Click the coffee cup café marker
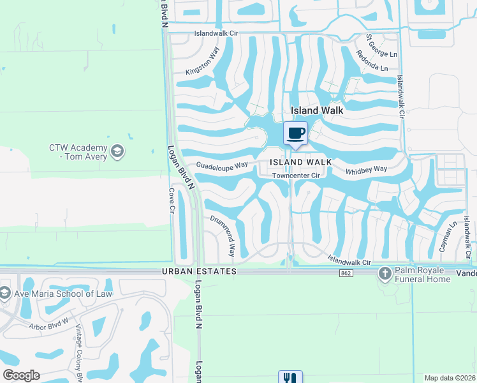tap(295, 134)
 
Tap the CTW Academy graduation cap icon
tap(117, 151)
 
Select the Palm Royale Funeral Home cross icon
tap(385, 274)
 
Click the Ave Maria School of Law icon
tap(5, 294)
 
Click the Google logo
tap(22, 375)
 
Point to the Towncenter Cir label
tap(295, 176)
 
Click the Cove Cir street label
tap(172, 199)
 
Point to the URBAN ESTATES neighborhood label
tap(199, 271)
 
